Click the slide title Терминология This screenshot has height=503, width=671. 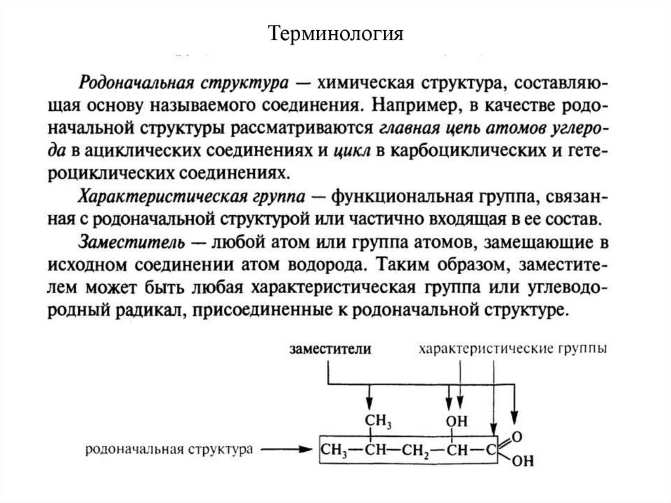[x=335, y=33]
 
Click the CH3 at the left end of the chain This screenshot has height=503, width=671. [x=334, y=451]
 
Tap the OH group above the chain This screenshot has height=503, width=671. [x=454, y=419]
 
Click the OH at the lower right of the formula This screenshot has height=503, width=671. [x=518, y=463]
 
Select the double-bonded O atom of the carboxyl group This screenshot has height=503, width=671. [x=518, y=435]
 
